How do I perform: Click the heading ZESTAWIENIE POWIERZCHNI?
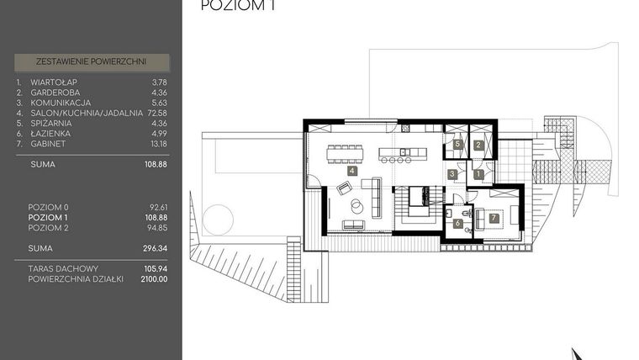(91, 62)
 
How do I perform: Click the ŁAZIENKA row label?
(50, 134)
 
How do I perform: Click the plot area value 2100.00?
(154, 278)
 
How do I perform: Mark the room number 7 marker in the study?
(494, 218)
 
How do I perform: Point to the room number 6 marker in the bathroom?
(457, 224)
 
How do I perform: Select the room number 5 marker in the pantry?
(457, 145)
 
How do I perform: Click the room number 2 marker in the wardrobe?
(478, 145)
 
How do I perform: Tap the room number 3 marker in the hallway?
(452, 174)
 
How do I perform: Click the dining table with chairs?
(346, 154)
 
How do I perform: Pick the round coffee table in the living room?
(357, 206)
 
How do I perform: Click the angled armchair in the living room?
(344, 188)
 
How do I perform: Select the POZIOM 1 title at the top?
(238, 6)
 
